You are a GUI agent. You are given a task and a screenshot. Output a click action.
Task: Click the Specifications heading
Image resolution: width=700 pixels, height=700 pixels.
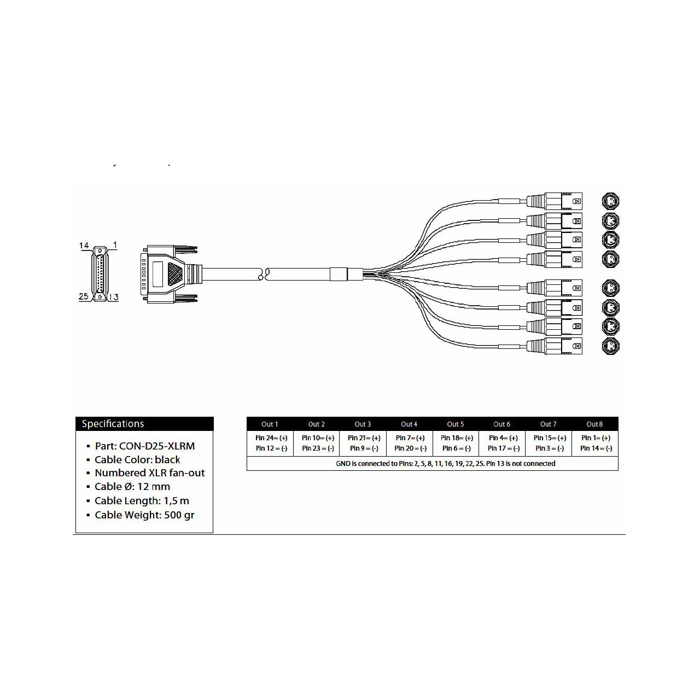tap(113, 424)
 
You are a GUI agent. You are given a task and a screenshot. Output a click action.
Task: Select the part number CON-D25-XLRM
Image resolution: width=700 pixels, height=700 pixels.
tap(157, 446)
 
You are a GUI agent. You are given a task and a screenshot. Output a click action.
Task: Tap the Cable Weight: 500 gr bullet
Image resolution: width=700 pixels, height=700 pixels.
tap(144, 515)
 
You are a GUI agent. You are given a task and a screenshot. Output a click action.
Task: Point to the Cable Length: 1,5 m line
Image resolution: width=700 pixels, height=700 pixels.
tap(142, 500)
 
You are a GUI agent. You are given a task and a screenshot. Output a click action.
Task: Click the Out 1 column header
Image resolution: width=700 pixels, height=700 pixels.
tap(270, 424)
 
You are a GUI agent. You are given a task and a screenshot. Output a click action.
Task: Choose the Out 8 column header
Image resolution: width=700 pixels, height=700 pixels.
tap(594, 424)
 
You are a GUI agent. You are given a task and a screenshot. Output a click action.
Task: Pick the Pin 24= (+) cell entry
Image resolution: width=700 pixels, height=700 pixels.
tap(271, 437)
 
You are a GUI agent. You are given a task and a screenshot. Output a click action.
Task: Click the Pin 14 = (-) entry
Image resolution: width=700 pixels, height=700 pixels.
tap(596, 448)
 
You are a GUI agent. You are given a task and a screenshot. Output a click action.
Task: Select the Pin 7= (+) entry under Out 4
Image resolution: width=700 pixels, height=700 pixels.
tap(410, 437)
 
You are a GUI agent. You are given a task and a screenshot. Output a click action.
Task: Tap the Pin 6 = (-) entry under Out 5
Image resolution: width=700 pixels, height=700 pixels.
tap(456, 448)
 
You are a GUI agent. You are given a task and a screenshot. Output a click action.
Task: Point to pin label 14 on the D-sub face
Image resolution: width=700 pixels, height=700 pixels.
tap(84, 246)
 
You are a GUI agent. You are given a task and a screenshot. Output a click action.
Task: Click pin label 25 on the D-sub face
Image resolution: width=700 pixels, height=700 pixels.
tap(84, 296)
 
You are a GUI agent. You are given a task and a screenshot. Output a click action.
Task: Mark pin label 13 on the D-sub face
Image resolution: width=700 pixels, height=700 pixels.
tap(114, 297)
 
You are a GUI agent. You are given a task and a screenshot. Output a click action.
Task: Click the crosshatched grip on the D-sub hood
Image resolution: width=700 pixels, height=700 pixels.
tap(176, 274)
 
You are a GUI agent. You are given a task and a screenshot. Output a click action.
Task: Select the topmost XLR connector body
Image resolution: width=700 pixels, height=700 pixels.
tap(555, 201)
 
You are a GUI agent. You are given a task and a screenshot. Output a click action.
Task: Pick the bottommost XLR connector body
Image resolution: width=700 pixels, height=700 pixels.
tap(555, 346)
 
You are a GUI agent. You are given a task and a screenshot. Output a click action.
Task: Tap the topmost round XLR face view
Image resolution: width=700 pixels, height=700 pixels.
tap(610, 201)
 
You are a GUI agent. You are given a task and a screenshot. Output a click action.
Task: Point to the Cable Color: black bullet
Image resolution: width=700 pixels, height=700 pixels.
tap(137, 459)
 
